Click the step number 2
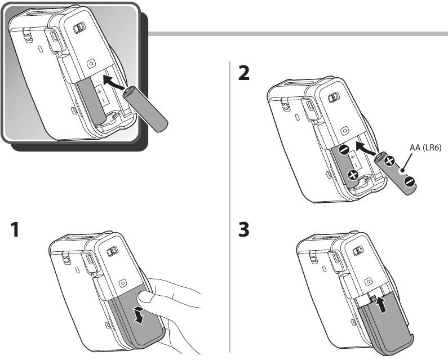pyautogui.click(x=244, y=74)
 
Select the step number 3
pyautogui.click(x=244, y=232)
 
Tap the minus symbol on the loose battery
pyautogui.click(x=409, y=181)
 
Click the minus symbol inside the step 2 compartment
pyautogui.click(x=344, y=150)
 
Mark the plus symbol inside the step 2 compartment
pyautogui.click(x=353, y=176)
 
